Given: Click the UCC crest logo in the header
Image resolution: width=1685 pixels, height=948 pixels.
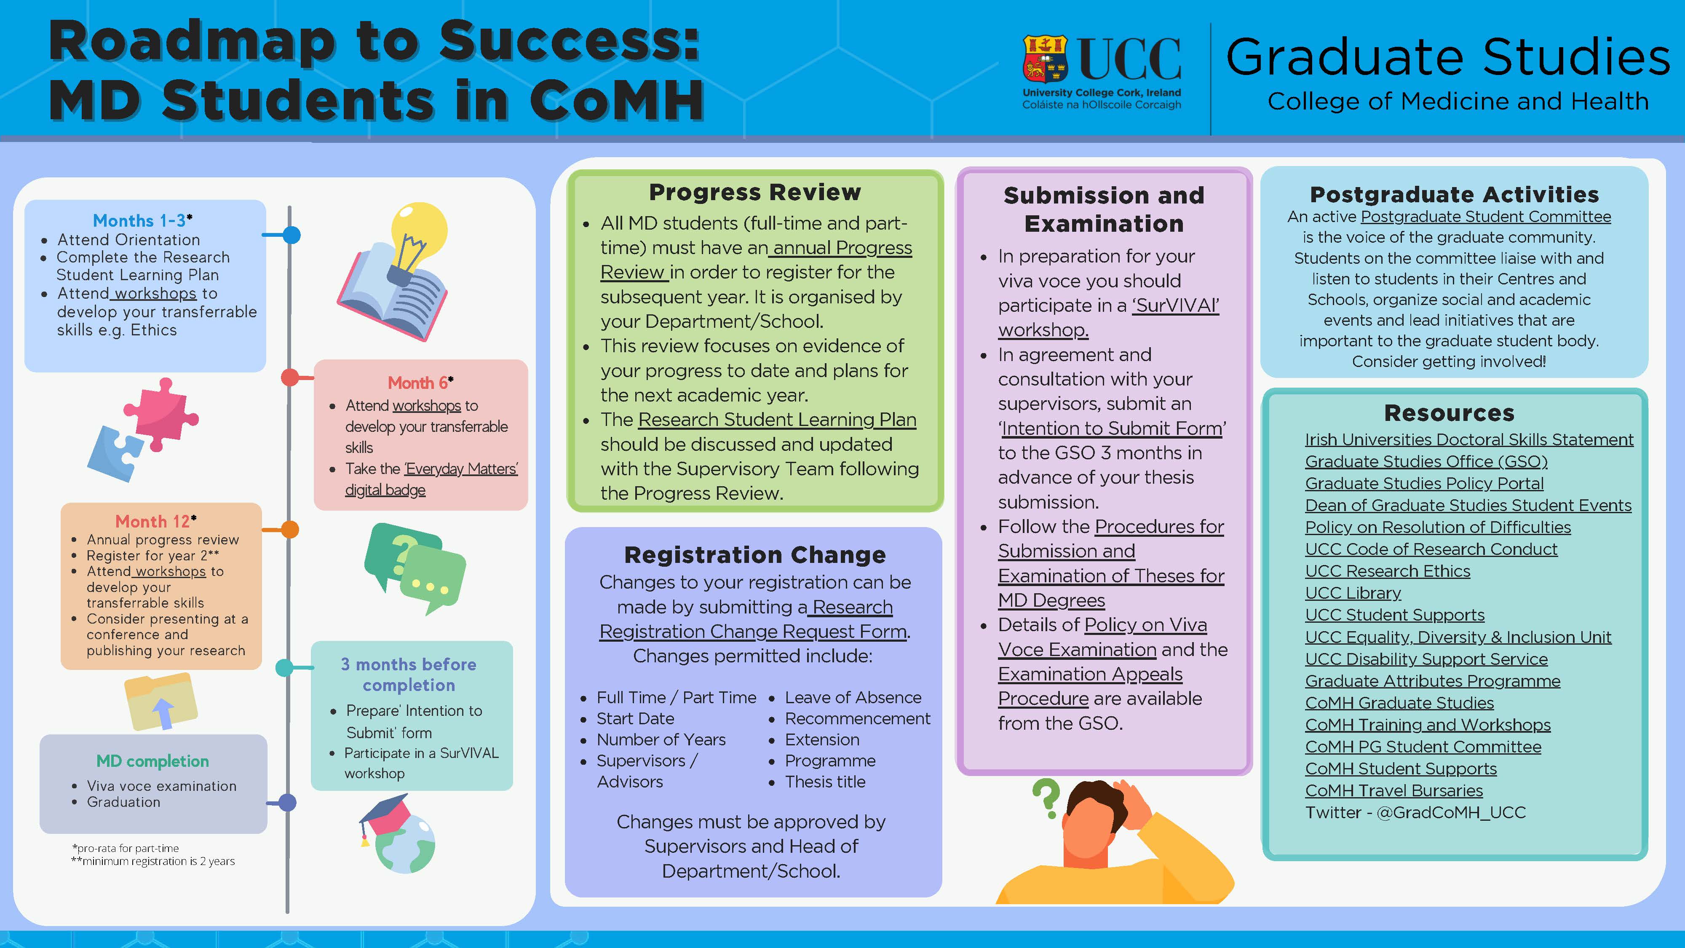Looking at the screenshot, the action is pyautogui.click(x=1045, y=59).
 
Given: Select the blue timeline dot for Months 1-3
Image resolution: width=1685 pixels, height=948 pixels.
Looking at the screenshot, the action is pyautogui.click(x=291, y=234).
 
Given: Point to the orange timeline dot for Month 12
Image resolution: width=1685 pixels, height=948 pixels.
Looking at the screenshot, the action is pyautogui.click(x=290, y=529).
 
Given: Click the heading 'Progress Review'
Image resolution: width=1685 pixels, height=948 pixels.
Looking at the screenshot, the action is pyautogui.click(x=755, y=193).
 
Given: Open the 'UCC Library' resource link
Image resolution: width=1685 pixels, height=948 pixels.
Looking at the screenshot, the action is pyautogui.click(x=1353, y=593).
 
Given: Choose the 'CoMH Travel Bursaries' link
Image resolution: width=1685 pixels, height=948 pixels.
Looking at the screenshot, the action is pyautogui.click(x=1394, y=791).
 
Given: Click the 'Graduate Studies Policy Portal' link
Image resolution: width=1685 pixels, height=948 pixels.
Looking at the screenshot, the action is pyautogui.click(x=1424, y=484).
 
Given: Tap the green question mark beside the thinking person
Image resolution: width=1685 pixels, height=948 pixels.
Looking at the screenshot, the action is pyautogui.click(x=1046, y=798).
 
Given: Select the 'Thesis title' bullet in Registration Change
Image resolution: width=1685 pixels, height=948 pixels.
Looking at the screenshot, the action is pyautogui.click(x=825, y=782).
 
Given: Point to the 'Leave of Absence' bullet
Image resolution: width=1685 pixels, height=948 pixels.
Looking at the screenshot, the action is pyautogui.click(x=853, y=697).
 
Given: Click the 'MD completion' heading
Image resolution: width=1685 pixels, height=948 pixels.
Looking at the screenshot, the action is pyautogui.click(x=152, y=761).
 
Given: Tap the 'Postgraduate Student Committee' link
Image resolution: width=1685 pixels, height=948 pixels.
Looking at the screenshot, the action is pyautogui.click(x=1485, y=217).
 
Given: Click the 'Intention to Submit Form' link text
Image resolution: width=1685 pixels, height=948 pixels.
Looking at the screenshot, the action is pyautogui.click(x=1112, y=428).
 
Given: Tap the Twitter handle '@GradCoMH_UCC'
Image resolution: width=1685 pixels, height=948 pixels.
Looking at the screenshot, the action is pyautogui.click(x=1451, y=813).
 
